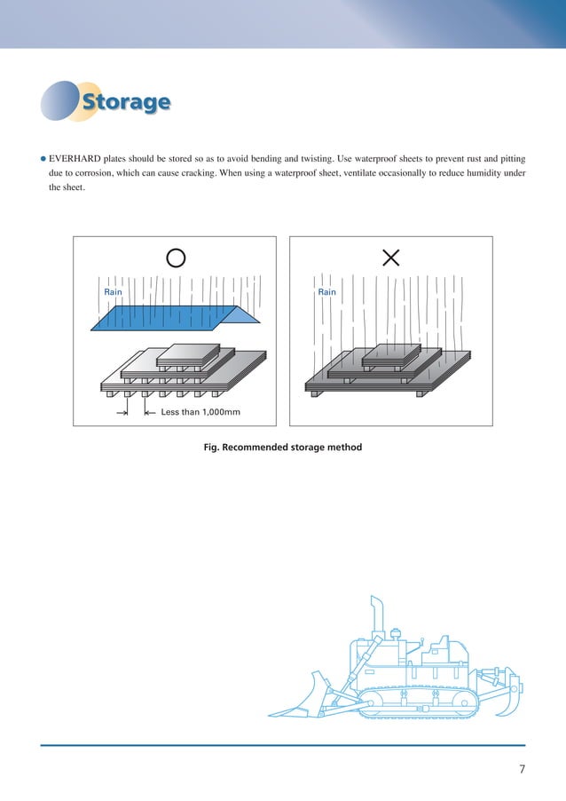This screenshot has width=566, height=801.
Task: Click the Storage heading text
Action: pos(125,102)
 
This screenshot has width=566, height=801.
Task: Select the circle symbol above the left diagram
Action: pos(176,258)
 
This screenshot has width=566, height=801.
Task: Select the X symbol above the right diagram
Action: pos(390,258)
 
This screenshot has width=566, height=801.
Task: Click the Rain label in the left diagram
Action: pos(114,292)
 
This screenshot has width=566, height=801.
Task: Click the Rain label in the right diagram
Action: pos(327,292)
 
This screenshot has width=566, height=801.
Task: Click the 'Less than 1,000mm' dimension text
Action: pos(200,412)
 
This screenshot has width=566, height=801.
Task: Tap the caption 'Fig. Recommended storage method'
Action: pos(283,448)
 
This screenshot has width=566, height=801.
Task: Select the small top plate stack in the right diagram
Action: pos(391,355)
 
